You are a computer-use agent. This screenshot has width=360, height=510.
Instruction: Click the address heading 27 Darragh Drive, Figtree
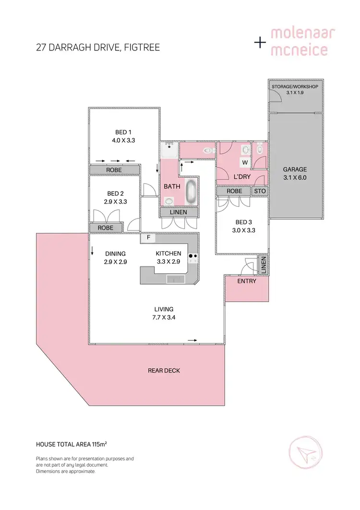point(98,48)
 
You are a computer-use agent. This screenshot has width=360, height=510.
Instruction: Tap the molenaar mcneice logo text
point(302,42)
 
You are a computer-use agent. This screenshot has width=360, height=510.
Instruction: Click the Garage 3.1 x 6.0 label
point(295,173)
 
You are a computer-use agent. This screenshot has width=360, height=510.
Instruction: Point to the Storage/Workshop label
point(294,89)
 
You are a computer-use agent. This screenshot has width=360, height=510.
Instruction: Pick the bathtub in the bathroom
point(191,192)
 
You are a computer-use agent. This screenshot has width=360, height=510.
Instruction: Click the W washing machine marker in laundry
point(244,163)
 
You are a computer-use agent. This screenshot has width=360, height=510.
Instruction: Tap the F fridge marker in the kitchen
point(148,237)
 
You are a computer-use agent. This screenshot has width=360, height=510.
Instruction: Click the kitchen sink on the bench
point(175,279)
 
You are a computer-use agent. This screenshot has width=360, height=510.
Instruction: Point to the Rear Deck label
point(164,370)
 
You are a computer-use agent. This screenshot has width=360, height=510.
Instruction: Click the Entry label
point(247,281)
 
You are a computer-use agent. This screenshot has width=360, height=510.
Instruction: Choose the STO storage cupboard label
point(260,191)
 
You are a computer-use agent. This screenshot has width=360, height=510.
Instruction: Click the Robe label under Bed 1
point(114,170)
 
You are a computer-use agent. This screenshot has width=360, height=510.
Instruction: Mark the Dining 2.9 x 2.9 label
point(115,257)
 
